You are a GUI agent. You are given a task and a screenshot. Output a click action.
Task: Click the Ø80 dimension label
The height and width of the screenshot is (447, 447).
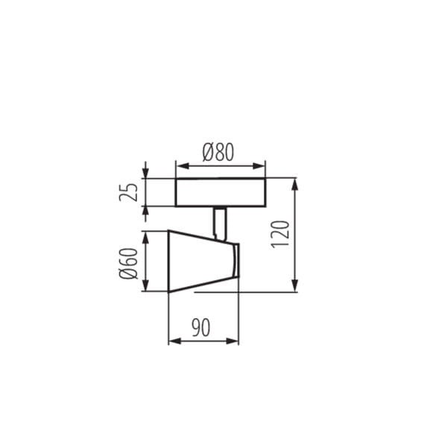coord(218,152)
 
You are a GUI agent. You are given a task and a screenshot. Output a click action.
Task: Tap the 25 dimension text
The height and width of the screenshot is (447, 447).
coord(131,192)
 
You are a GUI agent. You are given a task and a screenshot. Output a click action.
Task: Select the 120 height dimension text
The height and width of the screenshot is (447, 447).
coord(281,235)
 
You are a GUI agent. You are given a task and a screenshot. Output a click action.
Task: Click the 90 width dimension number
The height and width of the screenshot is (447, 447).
coord(200,328)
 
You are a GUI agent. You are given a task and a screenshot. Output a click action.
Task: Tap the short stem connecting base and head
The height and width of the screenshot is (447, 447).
coord(219,221)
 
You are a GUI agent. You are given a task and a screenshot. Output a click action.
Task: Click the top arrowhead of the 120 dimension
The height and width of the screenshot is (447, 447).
coord(296,183)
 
